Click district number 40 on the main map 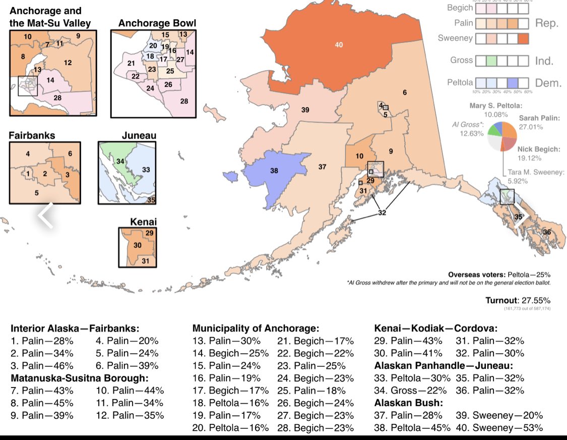tap(339, 45)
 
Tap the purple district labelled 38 tap(274, 171)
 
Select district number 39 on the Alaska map tap(305, 110)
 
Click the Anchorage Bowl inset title tap(157, 23)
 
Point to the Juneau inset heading tap(139, 135)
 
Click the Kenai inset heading tap(143, 222)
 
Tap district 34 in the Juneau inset tap(120, 161)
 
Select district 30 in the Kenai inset tap(137, 245)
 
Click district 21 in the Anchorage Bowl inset tap(131, 63)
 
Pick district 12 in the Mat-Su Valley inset tap(68, 63)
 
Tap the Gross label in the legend tap(461, 61)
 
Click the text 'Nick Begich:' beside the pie tap(539, 149)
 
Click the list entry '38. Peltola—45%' tap(408, 428)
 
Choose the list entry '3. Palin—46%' tap(42, 365)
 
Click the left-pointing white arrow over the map tap(46, 215)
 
